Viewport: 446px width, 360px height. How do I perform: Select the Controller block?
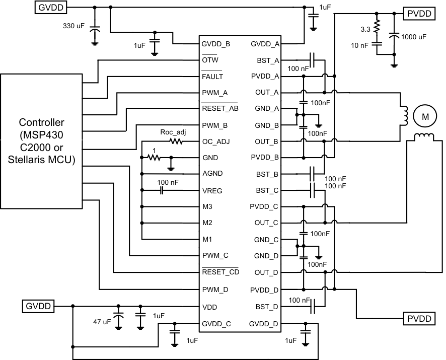[41, 141]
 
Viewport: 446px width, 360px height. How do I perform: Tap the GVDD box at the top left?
[50, 7]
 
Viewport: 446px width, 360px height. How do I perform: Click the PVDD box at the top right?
[419, 14]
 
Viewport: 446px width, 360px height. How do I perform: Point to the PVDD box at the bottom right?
[419, 319]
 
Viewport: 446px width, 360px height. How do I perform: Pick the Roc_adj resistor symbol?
[176, 141]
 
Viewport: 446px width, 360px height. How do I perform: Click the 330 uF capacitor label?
[73, 25]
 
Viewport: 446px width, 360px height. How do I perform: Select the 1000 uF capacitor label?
[416, 37]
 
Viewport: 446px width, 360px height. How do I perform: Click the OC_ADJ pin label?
[215, 141]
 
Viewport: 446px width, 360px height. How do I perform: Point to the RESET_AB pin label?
[220, 108]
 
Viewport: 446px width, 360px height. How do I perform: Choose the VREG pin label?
[212, 191]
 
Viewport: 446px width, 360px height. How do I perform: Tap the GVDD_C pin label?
[216, 324]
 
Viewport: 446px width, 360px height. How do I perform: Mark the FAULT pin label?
[212, 77]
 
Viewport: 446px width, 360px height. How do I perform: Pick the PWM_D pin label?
[215, 290]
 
